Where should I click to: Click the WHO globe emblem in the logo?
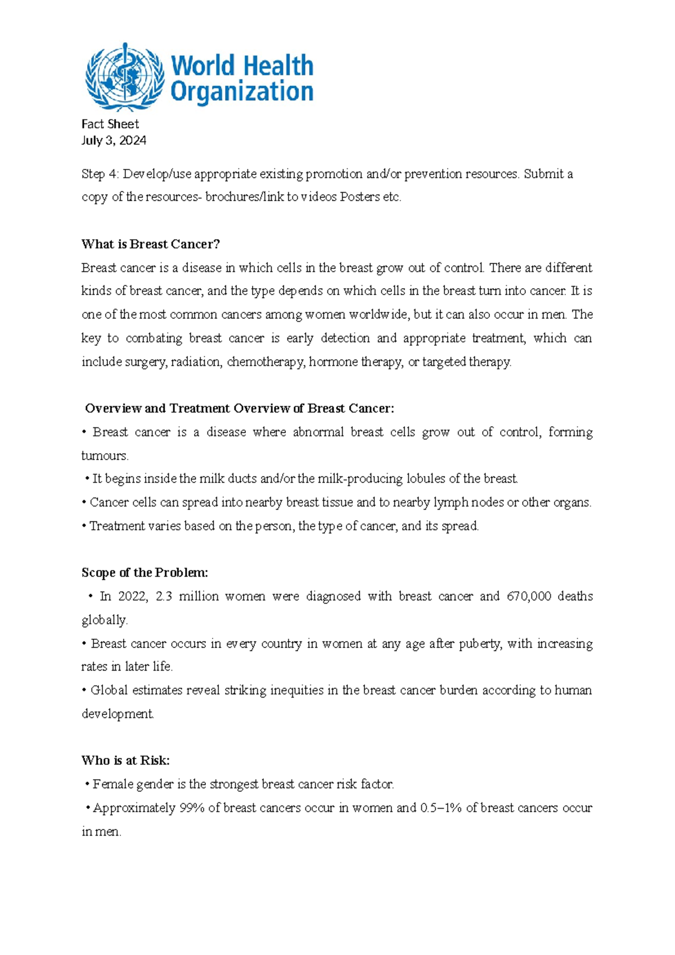[124, 77]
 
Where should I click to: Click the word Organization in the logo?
[241, 92]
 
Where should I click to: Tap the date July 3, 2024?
[114, 141]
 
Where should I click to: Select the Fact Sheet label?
[110, 124]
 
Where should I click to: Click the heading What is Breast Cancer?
[150, 244]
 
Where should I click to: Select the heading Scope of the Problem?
[145, 573]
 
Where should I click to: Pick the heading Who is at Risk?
[125, 761]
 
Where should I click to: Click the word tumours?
[105, 456]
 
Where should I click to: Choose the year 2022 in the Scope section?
[132, 596]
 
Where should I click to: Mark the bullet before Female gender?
[88, 784]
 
